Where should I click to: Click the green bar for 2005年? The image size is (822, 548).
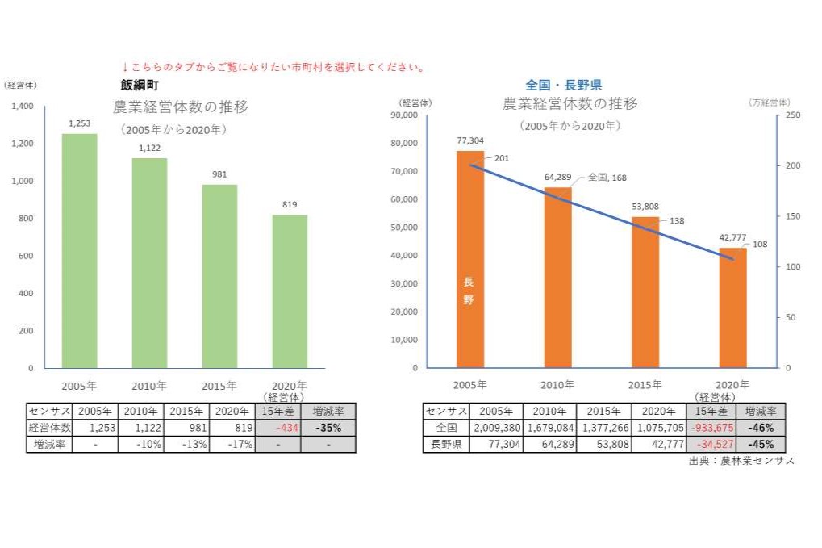point(79,250)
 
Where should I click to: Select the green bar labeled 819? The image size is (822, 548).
point(289,291)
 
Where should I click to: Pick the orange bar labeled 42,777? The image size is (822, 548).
point(732,307)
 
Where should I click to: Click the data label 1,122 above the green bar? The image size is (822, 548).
point(149,148)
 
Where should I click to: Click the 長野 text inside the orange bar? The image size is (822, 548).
point(469,291)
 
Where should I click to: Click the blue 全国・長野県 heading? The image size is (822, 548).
point(563,85)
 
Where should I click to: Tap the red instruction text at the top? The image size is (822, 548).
point(273,67)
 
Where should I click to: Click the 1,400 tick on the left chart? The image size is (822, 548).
point(23,107)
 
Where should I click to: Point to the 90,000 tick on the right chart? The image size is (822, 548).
point(403,115)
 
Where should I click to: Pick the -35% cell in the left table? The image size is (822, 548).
point(328,428)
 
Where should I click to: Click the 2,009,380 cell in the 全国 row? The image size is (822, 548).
point(494,428)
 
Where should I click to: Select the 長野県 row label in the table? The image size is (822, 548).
point(444,444)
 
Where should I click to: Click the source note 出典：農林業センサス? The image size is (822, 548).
point(741,461)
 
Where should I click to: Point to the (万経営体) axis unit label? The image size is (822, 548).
point(769,102)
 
